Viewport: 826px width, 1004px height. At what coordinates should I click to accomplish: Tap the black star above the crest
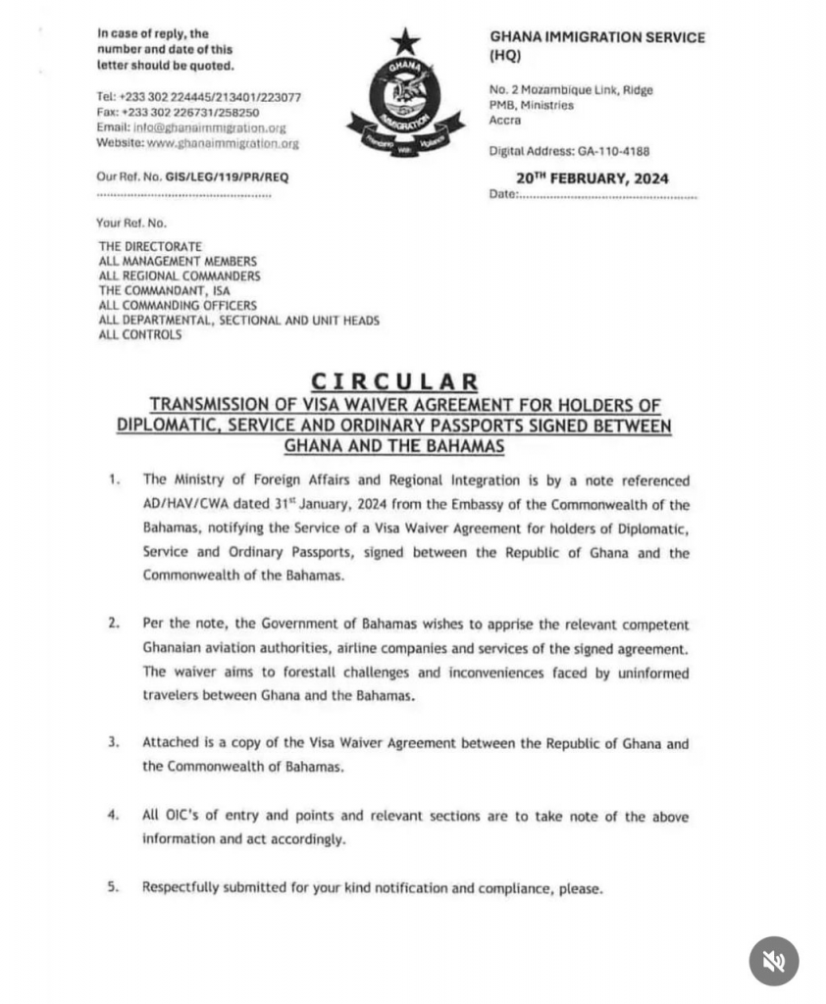(404, 41)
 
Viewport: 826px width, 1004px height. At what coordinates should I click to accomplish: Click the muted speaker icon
(774, 961)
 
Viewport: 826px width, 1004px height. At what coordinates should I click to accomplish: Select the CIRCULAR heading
(394, 381)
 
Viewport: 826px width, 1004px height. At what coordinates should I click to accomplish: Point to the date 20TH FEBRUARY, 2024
(593, 178)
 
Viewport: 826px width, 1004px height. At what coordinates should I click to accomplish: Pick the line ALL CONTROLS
(140, 335)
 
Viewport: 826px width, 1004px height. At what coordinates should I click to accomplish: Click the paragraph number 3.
(114, 743)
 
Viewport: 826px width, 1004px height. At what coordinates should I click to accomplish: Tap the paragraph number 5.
(114, 887)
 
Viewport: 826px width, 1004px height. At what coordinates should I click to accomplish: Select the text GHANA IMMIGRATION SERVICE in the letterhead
(596, 37)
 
